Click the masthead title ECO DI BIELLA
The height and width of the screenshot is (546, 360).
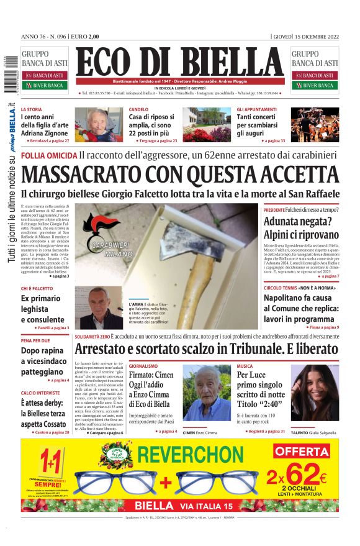tap(179, 63)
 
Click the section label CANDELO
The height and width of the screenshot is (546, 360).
tap(138, 110)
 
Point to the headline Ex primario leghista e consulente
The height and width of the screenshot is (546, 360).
tap(44, 309)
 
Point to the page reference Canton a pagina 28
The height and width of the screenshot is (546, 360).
tap(47, 432)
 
